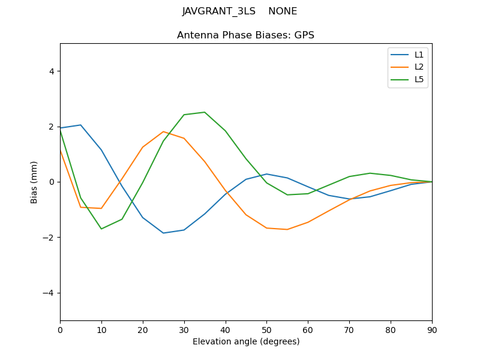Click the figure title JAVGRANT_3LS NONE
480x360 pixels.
[239, 11]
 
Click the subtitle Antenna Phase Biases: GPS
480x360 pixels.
[245, 35]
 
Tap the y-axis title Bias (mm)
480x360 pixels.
[34, 182]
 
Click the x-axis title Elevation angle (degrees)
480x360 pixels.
[246, 342]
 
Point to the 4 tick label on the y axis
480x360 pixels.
[51, 71]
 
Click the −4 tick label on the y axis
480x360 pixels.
[49, 293]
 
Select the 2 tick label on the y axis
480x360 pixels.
[51, 127]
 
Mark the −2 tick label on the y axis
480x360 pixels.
[49, 238]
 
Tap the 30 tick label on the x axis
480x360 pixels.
[184, 329]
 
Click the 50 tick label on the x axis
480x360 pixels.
[266, 329]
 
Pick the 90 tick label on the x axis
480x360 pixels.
[432, 329]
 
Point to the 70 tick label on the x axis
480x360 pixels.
[349, 329]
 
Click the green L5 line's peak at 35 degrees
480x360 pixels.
[205, 112]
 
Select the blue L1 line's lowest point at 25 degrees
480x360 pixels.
[163, 233]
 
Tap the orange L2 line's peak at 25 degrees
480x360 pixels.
[163, 131]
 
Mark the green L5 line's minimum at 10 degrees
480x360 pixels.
[101, 229]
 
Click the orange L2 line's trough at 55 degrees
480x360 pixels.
[287, 229]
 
